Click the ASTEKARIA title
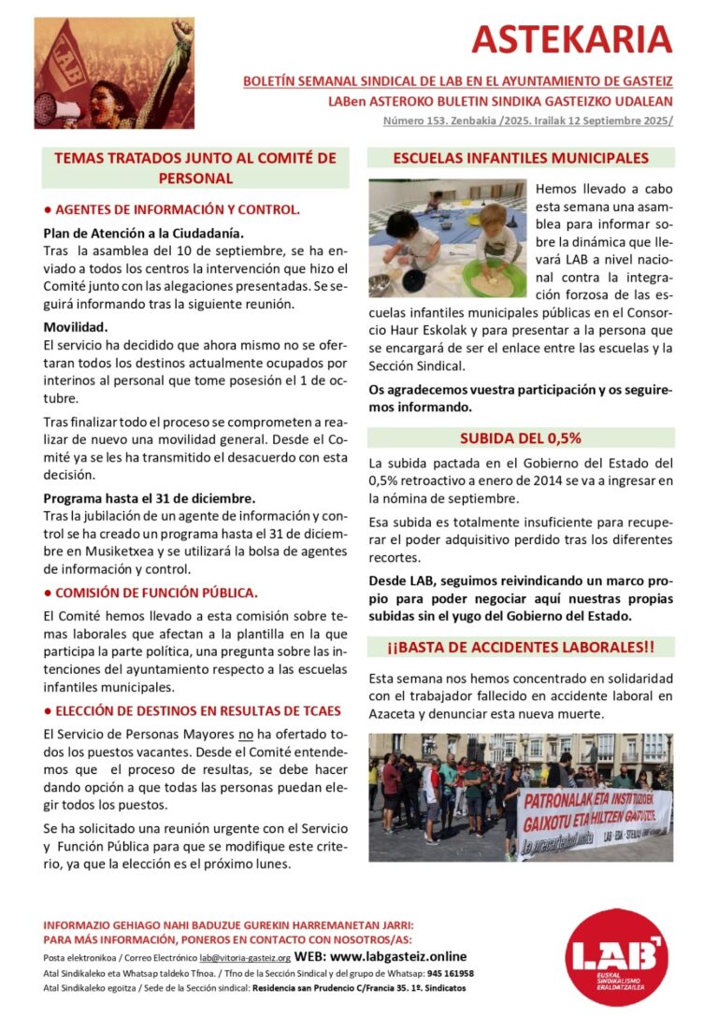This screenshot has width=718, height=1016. coord(571,39)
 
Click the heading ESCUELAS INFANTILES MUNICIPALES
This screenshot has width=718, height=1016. coord(521,159)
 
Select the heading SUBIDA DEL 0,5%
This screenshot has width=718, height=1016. coord(521,437)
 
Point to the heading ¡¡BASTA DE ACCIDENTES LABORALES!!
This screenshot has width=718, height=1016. coord(521,646)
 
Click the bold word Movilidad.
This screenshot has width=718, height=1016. coord(76,327)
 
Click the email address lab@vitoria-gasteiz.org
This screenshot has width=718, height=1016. coord(245,958)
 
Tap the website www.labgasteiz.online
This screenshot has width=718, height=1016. coord(397,956)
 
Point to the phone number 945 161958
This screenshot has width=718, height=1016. coord(450,973)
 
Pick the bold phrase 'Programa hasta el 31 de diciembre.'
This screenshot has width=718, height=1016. coord(150,498)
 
